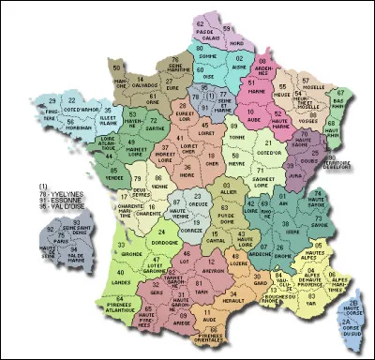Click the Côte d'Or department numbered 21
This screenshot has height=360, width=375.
271,144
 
